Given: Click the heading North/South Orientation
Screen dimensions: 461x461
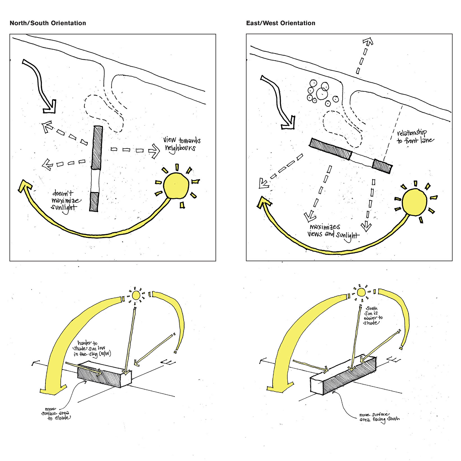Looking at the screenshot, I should click(48, 23).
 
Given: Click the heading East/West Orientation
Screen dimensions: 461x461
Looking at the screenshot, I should click(280, 23).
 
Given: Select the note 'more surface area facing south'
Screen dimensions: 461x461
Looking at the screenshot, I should click(379, 417).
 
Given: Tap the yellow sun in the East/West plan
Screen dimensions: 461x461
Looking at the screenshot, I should click(414, 201).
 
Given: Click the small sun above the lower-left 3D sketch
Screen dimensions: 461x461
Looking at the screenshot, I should click(136, 295).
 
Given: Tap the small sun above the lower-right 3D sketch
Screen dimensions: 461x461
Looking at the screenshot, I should click(361, 292).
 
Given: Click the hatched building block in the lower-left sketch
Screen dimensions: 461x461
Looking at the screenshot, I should click(100, 375).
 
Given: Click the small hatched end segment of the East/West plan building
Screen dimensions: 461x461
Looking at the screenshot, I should click(382, 166).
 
